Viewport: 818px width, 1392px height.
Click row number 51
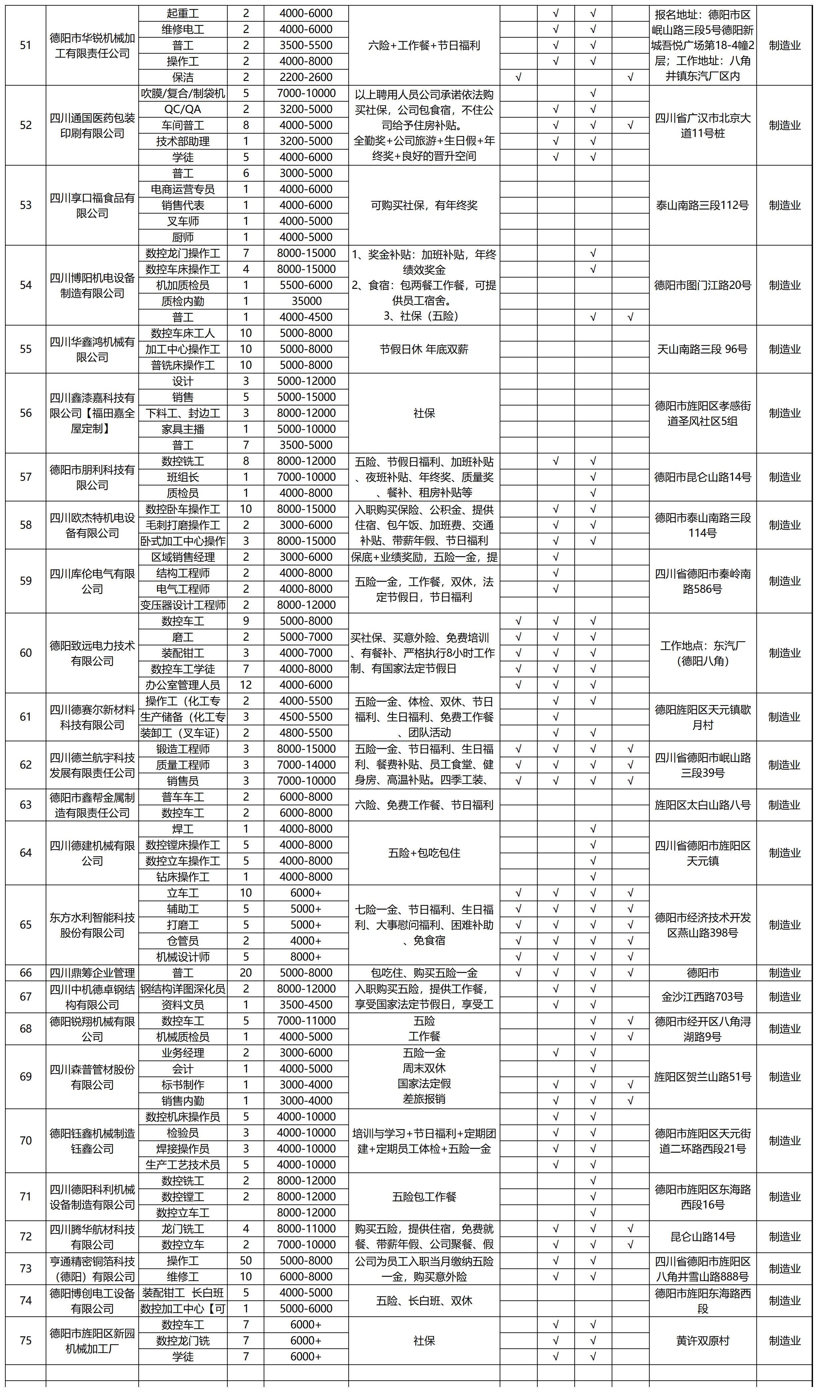pos(25,45)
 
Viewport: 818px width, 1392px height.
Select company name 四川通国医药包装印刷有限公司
pos(92,125)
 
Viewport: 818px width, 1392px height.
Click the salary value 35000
pos(306,301)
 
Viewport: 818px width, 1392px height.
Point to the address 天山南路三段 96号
pos(702,349)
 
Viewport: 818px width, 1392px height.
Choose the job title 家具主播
pos(183,429)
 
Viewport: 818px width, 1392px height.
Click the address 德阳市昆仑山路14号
pos(702,477)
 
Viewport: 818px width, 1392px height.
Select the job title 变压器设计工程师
pos(183,605)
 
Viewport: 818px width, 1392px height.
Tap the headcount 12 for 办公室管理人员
pos(246,685)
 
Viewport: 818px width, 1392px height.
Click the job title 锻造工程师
pos(183,749)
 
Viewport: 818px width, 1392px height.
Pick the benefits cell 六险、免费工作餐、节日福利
pos(424,805)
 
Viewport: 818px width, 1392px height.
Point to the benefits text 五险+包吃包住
pos(424,853)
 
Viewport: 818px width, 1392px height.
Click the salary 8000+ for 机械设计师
pos(306,957)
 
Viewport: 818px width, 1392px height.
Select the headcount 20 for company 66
pos(246,973)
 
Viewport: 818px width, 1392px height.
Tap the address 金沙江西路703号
pos(702,997)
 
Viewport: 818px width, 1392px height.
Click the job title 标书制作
pos(183,1084)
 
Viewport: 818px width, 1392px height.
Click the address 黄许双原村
pos(702,1341)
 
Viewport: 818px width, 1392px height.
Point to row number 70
pos(25,1141)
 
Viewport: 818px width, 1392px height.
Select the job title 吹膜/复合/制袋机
pos(183,93)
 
